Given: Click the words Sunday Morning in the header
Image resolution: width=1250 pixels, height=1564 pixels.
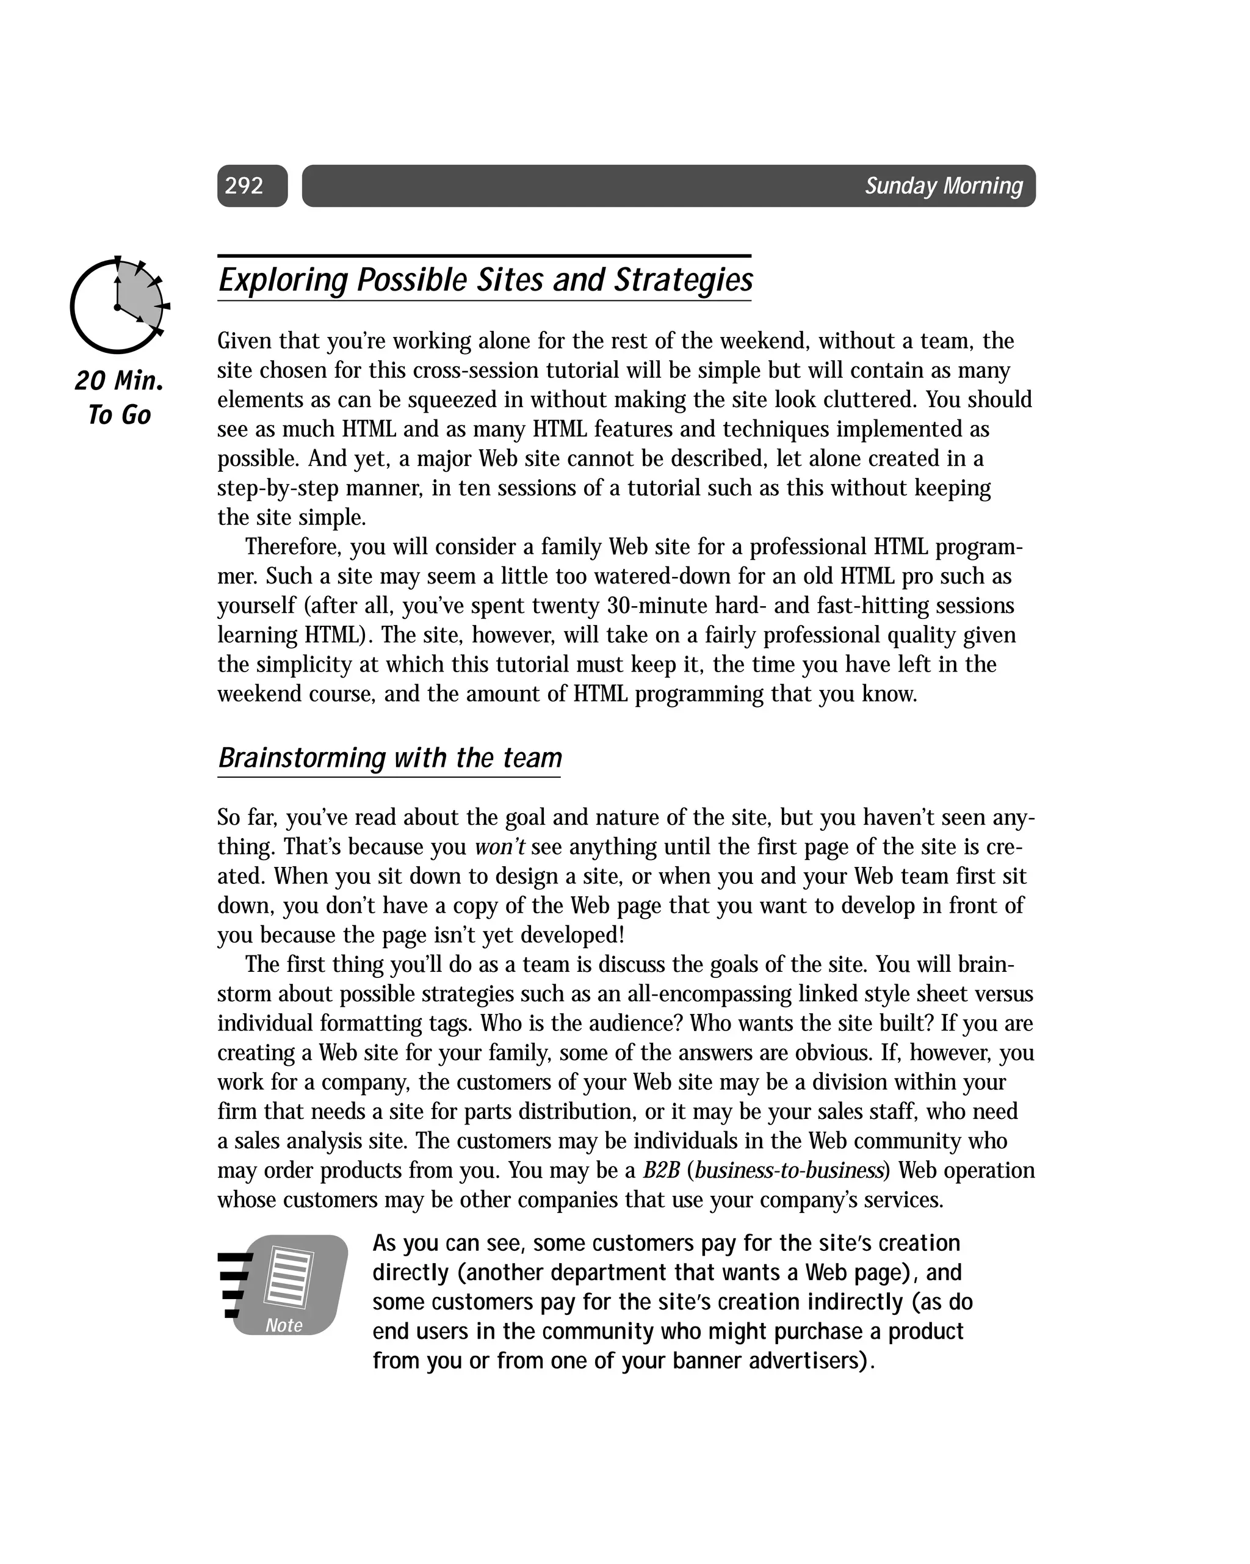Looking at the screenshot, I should click(943, 186).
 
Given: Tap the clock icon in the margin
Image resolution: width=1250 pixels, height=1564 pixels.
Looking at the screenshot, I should click(118, 305).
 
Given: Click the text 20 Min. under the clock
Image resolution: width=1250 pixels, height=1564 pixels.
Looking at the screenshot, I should click(119, 381).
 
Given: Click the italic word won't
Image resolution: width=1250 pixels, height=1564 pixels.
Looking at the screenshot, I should click(500, 847).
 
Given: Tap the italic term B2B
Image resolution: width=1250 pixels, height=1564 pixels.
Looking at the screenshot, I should click(661, 1171).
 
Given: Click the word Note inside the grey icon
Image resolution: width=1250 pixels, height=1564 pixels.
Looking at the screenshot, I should click(284, 1325).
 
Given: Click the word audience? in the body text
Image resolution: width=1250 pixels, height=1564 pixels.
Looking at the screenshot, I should click(740, 1024).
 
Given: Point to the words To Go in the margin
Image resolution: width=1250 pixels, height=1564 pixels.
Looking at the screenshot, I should click(119, 416).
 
